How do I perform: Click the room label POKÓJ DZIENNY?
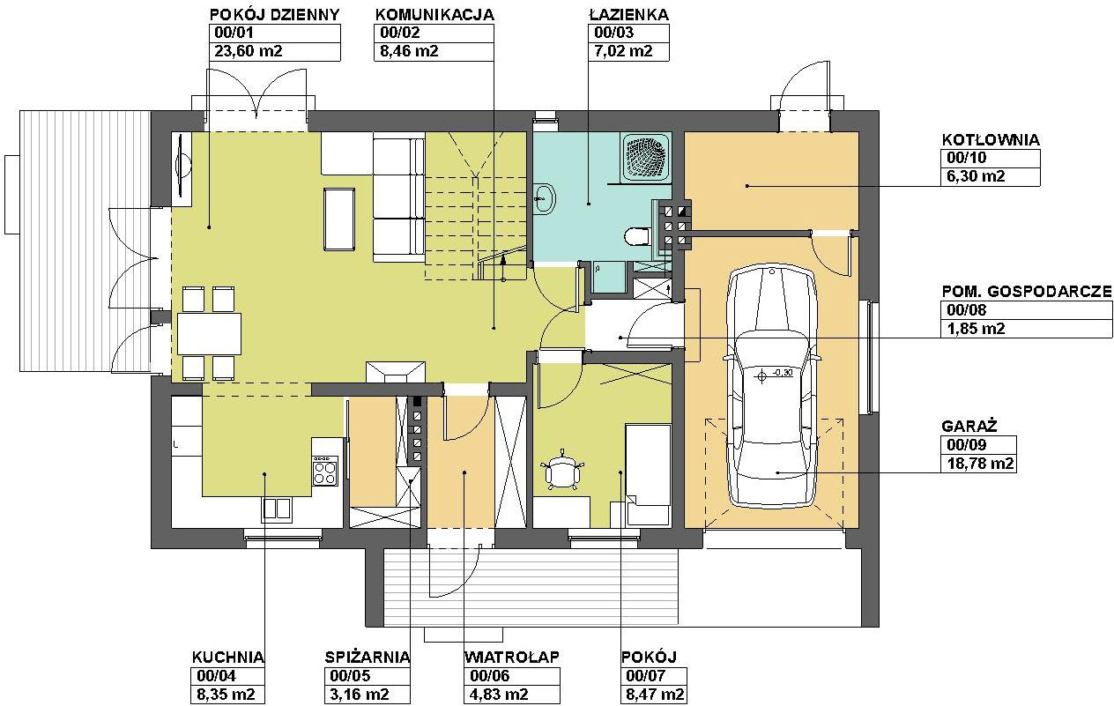tap(274, 14)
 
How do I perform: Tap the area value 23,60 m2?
tap(249, 51)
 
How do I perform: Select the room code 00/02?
tap(400, 33)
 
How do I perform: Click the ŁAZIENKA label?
tap(628, 14)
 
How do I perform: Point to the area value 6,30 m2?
tap(976, 176)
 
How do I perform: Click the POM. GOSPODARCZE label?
tap(1027, 291)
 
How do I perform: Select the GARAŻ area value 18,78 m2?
tap(980, 464)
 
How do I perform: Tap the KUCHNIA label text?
tap(227, 658)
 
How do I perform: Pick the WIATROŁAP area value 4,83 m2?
tap(499, 694)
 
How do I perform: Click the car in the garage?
tap(771, 386)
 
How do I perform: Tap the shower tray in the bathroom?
tap(646, 157)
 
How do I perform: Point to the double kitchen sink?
tap(277, 509)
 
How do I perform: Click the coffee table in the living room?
tap(339, 219)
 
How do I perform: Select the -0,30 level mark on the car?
tap(784, 372)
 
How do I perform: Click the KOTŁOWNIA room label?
tap(991, 140)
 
